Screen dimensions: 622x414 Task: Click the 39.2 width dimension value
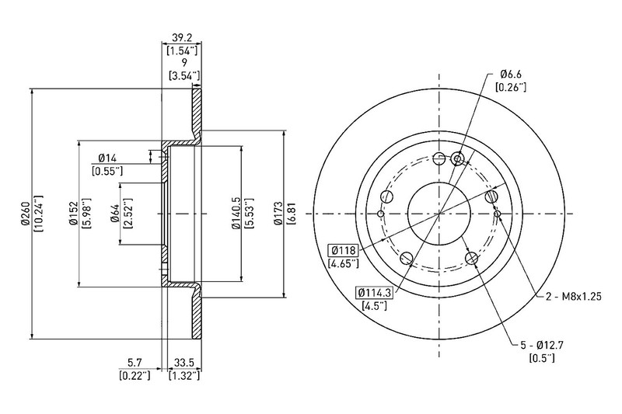pos(182,37)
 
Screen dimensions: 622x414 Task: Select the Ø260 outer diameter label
pos(26,214)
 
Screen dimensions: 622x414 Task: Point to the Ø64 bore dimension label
pos(116,214)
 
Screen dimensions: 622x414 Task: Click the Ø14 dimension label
pos(107,158)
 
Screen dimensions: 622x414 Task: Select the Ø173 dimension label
pos(279,214)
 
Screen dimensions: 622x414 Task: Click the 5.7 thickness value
pos(135,362)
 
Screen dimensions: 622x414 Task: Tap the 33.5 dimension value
pos(183,362)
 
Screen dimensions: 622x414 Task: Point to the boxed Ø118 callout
pos(343,250)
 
